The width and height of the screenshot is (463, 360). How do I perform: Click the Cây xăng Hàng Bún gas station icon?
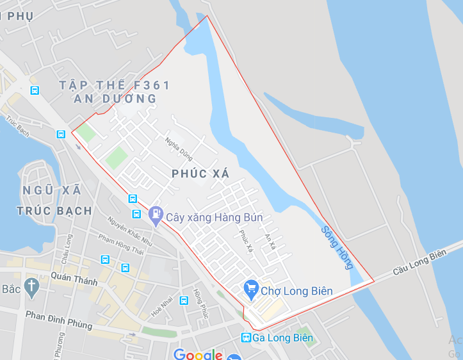pyautogui.click(x=156, y=215)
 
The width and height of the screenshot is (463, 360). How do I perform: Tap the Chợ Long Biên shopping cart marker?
pyautogui.click(x=251, y=289)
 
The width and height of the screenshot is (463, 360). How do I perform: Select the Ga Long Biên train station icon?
pyautogui.click(x=246, y=338)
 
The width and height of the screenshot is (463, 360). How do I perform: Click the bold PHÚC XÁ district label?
pyautogui.click(x=200, y=174)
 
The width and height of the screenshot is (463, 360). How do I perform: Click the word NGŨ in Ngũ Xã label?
pyautogui.click(x=36, y=190)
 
